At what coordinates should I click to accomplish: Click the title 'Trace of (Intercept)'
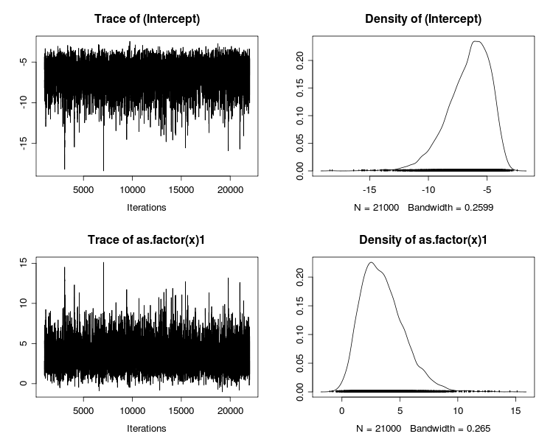tap(146, 18)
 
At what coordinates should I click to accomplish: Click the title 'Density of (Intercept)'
tap(423, 18)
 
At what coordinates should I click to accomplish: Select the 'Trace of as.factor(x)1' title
tap(146, 239)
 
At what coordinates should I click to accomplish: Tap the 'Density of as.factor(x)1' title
tap(423, 239)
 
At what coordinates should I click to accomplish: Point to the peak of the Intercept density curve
tap(477, 41)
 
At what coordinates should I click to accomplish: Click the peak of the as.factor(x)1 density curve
tap(371, 262)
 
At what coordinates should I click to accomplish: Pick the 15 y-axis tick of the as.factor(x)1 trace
tap(26, 262)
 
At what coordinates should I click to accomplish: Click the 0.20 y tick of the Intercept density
tap(302, 56)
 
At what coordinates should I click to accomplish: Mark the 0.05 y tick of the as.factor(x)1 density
tap(302, 362)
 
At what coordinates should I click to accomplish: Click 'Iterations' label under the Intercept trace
tap(146, 208)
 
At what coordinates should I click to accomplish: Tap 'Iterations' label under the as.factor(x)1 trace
tap(146, 429)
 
